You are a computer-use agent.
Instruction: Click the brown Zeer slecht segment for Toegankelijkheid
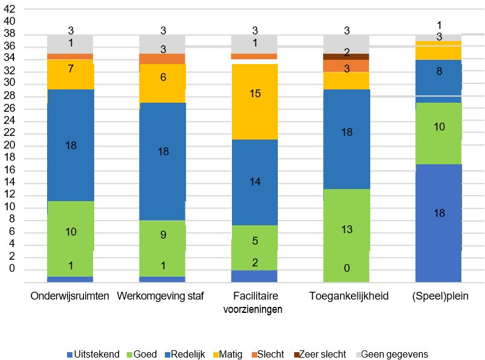point(346,56)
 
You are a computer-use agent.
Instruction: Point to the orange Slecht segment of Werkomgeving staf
point(162,59)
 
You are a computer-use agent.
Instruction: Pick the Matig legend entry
point(226,354)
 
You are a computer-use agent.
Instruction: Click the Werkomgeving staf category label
point(161,297)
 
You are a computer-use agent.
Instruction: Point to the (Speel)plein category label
point(438,297)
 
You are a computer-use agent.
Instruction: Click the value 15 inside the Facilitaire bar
point(254,94)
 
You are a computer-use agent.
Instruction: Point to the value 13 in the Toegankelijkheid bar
point(346,230)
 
